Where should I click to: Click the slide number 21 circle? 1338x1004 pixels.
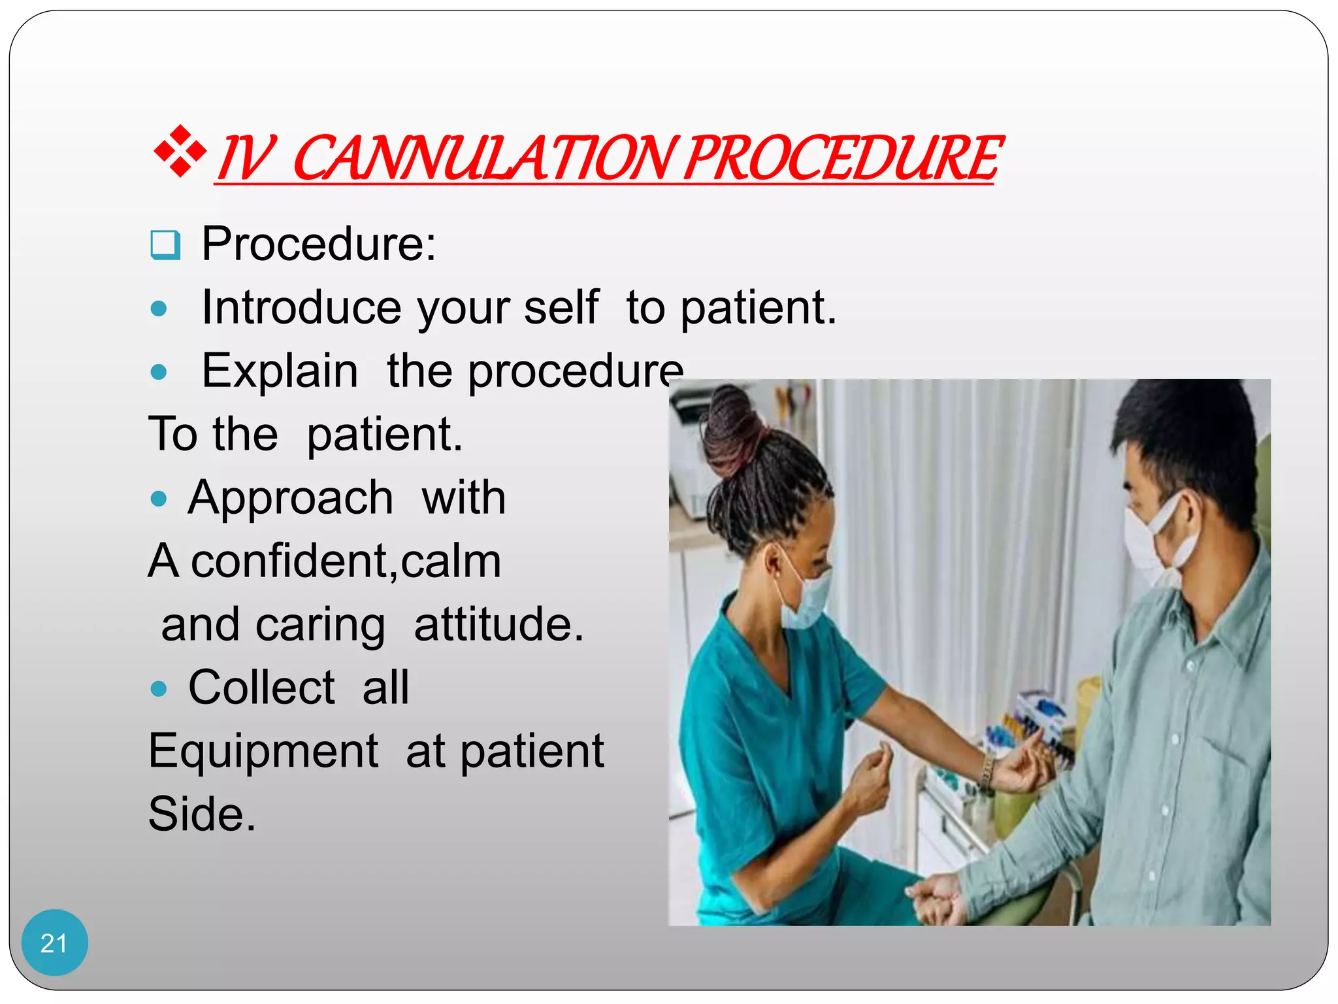click(x=54, y=943)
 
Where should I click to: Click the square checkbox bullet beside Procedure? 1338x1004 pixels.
click(x=165, y=245)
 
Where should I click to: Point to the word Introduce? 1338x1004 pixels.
click(x=301, y=307)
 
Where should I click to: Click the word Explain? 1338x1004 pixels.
click(x=280, y=371)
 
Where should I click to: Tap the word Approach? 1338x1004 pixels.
click(x=290, y=498)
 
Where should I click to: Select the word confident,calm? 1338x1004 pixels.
click(x=346, y=561)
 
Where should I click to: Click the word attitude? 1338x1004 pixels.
click(x=498, y=625)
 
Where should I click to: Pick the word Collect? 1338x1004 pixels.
click(x=261, y=688)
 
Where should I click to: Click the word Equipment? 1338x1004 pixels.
click(x=263, y=751)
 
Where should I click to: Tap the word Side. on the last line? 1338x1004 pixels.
click(x=202, y=814)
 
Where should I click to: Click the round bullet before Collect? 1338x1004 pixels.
click(x=159, y=688)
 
